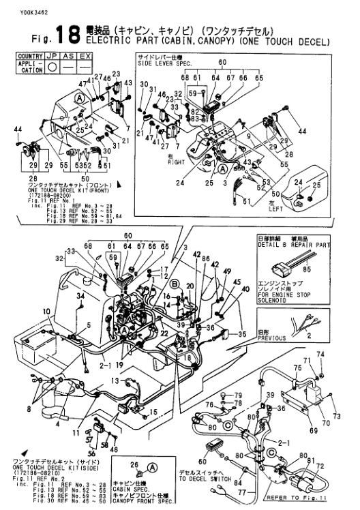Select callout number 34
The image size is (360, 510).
[80, 296]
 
